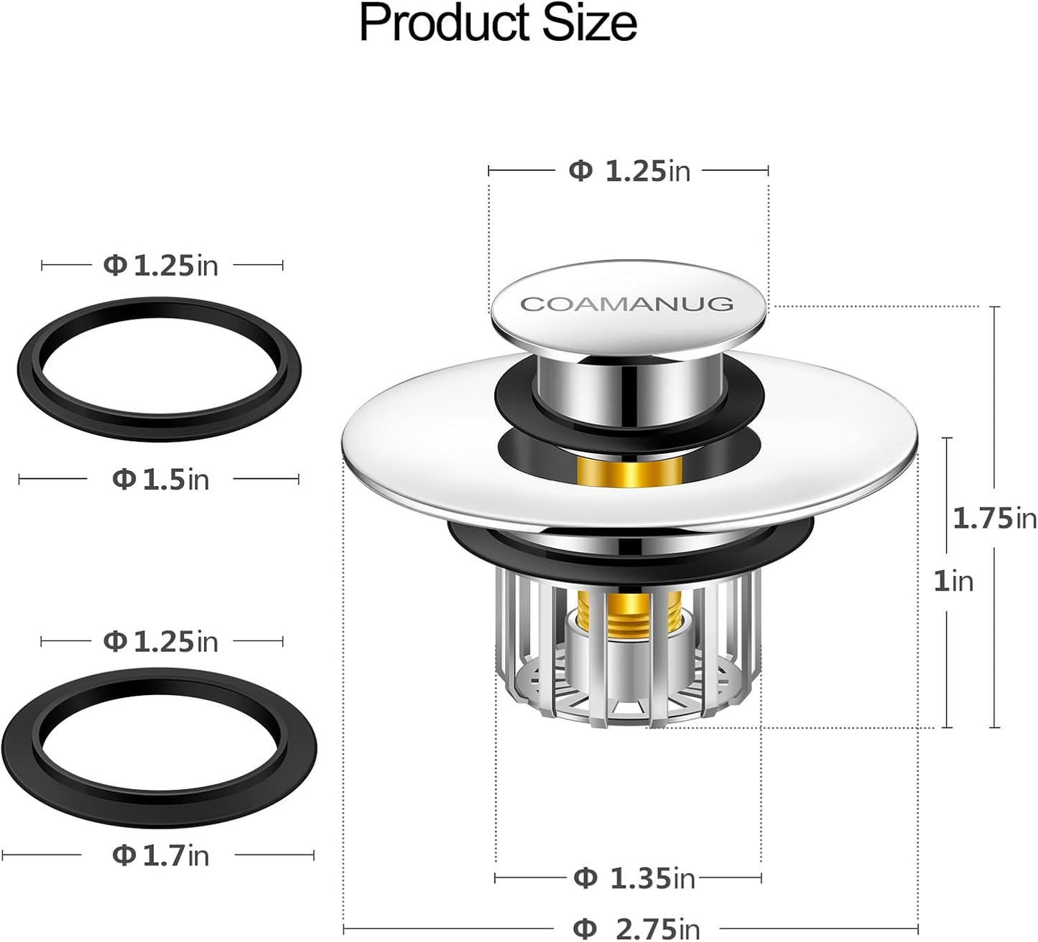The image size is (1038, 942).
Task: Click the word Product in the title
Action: pyautogui.click(x=437, y=23)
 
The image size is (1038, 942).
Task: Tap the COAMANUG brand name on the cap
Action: pyautogui.click(x=626, y=304)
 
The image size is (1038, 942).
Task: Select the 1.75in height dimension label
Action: pyautogui.click(x=994, y=518)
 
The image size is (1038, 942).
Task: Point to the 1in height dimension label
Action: pyautogui.click(x=953, y=581)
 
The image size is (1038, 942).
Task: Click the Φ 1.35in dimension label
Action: pyautogui.click(x=634, y=877)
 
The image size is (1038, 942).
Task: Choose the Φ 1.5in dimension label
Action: pyautogui.click(x=160, y=480)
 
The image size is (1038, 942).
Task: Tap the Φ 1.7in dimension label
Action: pyautogui.click(x=160, y=855)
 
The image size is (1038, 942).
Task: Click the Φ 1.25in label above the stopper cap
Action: pyautogui.click(x=629, y=171)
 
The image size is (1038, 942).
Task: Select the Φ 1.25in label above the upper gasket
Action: pyautogui.click(x=160, y=266)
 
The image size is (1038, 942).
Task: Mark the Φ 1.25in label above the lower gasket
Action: pyautogui.click(x=160, y=641)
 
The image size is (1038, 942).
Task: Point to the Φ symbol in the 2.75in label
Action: pyautogui.click(x=586, y=928)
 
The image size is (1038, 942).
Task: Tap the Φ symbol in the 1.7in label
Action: pyautogui.click(x=124, y=855)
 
